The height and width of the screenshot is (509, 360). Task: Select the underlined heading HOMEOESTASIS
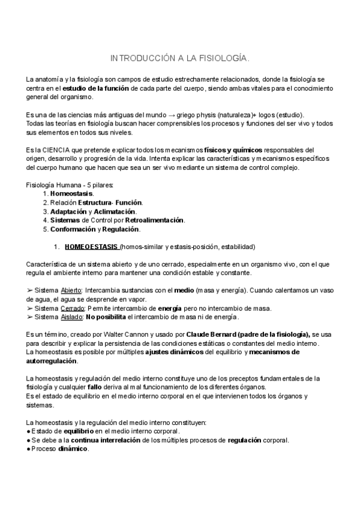92,247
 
